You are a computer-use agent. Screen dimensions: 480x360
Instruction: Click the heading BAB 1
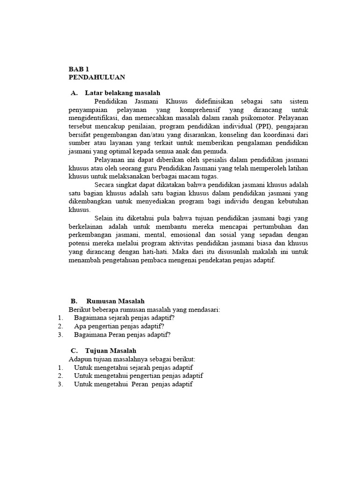(78, 69)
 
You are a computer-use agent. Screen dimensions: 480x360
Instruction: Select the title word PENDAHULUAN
(97, 77)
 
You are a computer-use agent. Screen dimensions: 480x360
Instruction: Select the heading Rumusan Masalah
(115, 301)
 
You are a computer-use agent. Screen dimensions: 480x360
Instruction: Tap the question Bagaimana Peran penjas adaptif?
(122, 335)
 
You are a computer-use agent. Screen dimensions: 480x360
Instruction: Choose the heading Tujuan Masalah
(111, 351)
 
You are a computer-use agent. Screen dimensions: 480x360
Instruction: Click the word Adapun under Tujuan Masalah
(81, 359)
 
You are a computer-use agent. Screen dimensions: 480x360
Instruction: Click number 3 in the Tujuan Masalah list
(60, 384)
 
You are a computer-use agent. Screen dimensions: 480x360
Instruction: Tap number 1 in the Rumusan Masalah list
(60, 318)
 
